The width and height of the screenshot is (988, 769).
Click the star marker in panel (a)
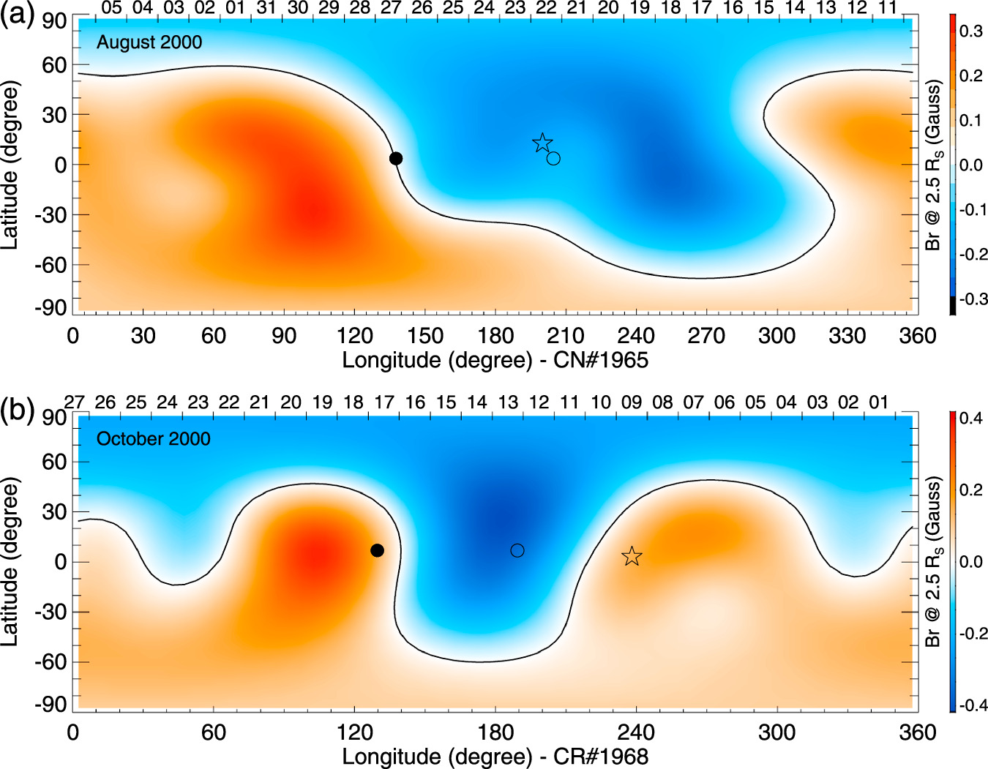(542, 143)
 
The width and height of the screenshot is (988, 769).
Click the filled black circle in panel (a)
(395, 159)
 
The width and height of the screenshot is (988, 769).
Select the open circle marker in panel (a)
(553, 159)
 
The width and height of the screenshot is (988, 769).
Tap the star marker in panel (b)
(632, 557)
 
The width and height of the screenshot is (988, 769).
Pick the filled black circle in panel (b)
(377, 550)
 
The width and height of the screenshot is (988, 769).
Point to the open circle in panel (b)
(517, 550)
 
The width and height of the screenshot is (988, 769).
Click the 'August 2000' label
(149, 42)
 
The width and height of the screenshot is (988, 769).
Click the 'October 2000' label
(154, 439)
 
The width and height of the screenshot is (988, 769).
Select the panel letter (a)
(18, 14)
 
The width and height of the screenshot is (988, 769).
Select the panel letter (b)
(18, 410)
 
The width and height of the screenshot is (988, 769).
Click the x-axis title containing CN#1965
(495, 360)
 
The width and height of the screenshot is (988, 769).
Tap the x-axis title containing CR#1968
(495, 756)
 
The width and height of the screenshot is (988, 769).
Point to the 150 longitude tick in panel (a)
(425, 337)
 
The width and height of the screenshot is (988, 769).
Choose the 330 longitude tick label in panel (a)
(847, 337)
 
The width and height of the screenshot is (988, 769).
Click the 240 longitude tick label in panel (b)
(636, 732)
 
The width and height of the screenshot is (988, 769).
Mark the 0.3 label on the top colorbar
(971, 31)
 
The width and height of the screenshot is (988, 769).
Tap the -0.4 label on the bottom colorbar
(973, 705)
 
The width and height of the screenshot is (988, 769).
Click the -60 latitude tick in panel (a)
(50, 265)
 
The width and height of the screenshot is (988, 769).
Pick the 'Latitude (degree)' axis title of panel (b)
(10, 561)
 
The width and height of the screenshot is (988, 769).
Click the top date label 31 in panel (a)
(266, 8)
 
